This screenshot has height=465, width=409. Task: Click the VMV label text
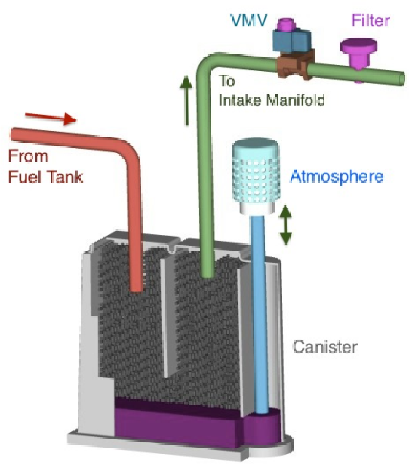coord(249,20)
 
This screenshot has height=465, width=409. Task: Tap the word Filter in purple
coord(371,20)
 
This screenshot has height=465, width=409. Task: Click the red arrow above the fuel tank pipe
coord(51,118)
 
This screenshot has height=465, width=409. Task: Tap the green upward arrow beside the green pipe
coord(186,100)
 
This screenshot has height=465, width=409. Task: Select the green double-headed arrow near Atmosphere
coord(286,224)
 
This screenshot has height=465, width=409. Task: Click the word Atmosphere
coord(337,177)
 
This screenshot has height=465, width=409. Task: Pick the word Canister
coord(324,346)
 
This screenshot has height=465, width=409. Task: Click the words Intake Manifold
coord(272,100)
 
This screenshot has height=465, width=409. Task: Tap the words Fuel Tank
coord(45,177)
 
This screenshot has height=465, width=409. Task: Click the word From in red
coord(28,156)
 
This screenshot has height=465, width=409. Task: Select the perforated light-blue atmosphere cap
coord(255,175)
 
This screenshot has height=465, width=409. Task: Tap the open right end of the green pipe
coord(401,79)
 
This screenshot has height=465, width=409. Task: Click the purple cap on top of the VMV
coord(285,23)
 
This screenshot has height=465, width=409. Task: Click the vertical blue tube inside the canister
coord(258,314)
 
